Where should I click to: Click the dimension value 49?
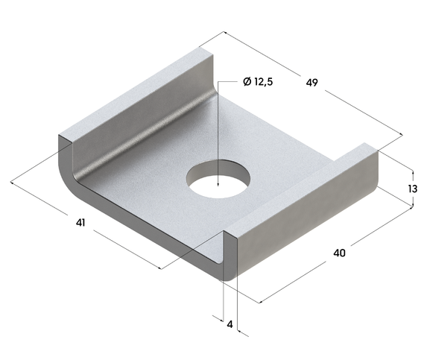click(311, 83)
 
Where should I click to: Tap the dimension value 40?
click(339, 253)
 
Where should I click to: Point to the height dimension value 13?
click(412, 189)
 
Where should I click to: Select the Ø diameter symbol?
click(246, 82)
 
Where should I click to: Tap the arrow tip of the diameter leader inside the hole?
click(218, 186)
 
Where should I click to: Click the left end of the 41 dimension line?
click(12, 181)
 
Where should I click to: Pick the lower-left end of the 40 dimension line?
click(259, 303)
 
